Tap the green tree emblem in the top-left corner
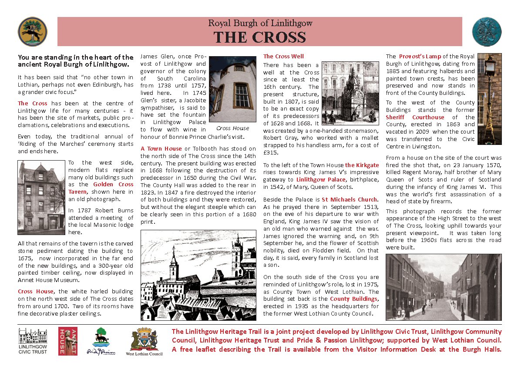click(32, 31)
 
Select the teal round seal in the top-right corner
click(487, 31)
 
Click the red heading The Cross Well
click(283, 56)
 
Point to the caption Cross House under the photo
click(232, 128)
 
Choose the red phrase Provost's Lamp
click(420, 56)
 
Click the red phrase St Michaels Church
click(350, 199)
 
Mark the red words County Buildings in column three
click(353, 299)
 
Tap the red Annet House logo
click(67, 341)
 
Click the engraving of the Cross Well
click(350, 94)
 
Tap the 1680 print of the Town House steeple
click(198, 275)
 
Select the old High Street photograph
click(444, 287)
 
